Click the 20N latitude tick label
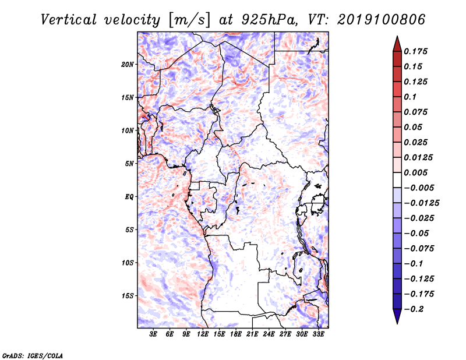[128, 65]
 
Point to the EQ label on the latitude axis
[129, 197]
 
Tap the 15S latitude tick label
[128, 296]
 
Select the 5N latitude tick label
[129, 164]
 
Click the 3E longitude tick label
[153, 334]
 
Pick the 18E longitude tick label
[236, 334]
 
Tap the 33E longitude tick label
[318, 334]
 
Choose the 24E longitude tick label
[269, 334]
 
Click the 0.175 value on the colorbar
[415, 51]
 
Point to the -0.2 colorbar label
[414, 309]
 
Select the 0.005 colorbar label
[415, 172]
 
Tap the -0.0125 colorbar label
[421, 203]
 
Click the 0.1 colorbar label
[410, 97]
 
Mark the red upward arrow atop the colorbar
[397, 44]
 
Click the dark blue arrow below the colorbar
[397, 316]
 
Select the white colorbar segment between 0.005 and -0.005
[397, 180]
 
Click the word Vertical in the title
[69, 20]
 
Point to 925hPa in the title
[270, 20]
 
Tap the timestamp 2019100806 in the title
[382, 20]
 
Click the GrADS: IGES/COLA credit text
[33, 355]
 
